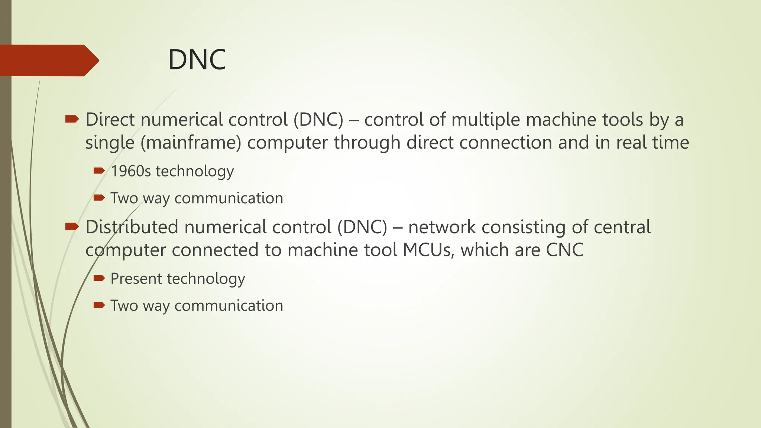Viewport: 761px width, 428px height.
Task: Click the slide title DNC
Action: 197,60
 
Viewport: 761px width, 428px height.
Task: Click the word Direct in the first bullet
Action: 110,120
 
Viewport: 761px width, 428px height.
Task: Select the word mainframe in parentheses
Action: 191,143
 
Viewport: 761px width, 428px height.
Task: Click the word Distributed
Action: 132,227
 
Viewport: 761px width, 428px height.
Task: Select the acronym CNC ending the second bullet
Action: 564,250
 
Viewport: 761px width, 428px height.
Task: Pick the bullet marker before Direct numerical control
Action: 72,119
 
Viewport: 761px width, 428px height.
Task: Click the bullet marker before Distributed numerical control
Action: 72,227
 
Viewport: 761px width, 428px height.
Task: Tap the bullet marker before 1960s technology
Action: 99,171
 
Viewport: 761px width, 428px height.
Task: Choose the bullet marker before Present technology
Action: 99,278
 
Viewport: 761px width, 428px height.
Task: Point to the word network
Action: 442,227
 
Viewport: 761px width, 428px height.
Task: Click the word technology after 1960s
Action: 195,171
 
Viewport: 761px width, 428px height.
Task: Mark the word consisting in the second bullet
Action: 524,227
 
